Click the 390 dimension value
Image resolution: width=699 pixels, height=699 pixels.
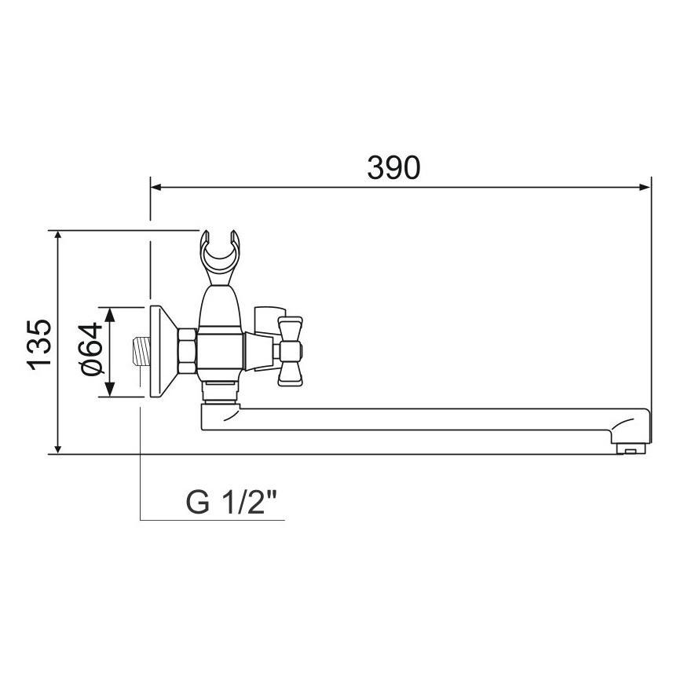(393, 167)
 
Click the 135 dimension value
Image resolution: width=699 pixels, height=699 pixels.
(38, 343)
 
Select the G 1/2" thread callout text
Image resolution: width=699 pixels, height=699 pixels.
(234, 501)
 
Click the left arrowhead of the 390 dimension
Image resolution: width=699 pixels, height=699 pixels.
(156, 187)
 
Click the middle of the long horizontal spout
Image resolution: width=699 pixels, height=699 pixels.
(424, 419)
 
